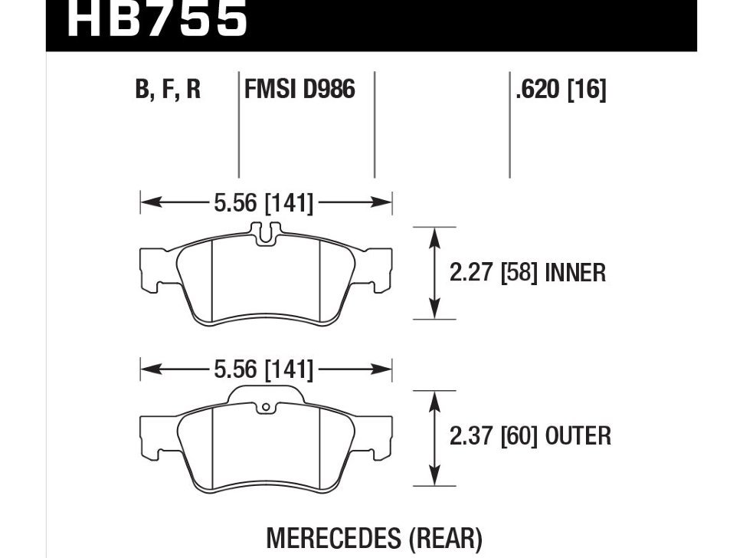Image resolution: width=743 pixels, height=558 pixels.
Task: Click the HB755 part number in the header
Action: coord(157,19)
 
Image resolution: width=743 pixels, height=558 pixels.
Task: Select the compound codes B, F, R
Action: coord(169,90)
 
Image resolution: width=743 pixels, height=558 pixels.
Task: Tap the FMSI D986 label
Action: coord(299,89)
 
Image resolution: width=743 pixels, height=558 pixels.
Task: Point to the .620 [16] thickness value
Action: coord(561,89)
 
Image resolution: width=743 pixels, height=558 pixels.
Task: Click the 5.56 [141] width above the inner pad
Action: coord(263,203)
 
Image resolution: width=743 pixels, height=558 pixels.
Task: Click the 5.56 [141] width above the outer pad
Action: coord(263,369)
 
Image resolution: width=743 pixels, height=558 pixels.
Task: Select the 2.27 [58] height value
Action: coord(493,273)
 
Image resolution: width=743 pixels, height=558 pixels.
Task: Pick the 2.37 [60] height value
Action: coord(493,436)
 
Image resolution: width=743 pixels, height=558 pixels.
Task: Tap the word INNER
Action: coord(575,273)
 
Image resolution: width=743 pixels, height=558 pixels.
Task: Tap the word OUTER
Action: coord(578,436)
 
